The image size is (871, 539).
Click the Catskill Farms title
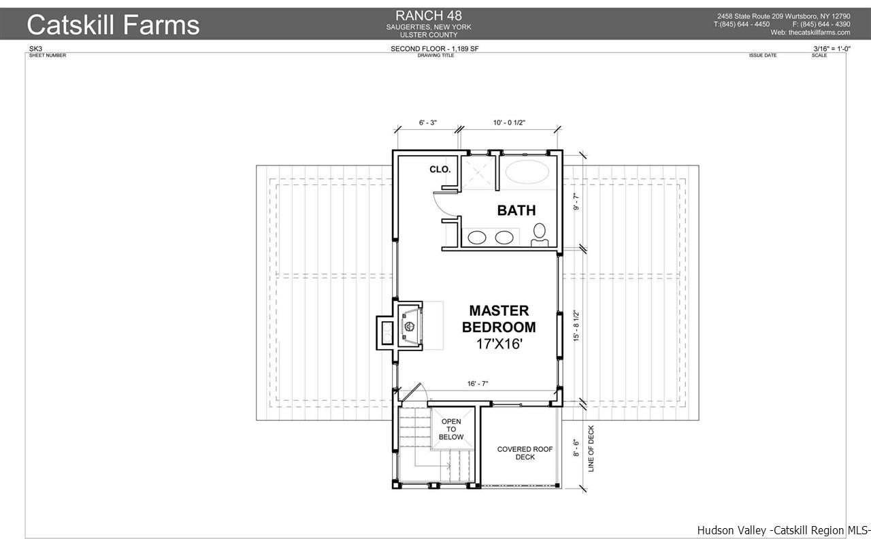pos(113,24)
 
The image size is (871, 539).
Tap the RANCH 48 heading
pos(429,16)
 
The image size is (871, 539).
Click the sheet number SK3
pos(35,48)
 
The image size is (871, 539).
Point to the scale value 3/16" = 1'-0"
pos(832,48)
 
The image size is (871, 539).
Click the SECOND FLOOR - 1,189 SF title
pos(434,48)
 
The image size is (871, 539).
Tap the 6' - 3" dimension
pos(428,122)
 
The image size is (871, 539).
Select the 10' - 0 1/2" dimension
pos(509,122)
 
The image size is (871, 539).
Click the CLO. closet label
pos(440,169)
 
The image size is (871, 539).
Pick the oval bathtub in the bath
pos(527,171)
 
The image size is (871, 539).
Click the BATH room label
pos(516,210)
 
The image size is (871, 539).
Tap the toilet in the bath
pos(540,235)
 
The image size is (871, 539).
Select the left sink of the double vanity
pos(477,238)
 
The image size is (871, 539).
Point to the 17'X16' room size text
pos(499,344)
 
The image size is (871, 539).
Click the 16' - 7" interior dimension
pos(478,384)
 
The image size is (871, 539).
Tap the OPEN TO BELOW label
pos(451,429)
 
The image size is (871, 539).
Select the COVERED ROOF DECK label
pos(525,453)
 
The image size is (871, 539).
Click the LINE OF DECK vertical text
pos(591,448)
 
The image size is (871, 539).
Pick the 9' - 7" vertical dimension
pos(576,202)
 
